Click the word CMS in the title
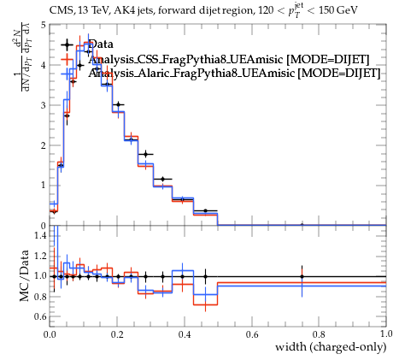[59, 11]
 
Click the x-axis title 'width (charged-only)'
[331, 347]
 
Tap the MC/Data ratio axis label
[25, 276]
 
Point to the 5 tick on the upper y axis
[43, 25]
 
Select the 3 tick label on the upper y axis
[43, 105]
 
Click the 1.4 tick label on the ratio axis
[40, 235]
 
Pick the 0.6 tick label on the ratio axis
[40, 316]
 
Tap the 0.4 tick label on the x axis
[185, 334]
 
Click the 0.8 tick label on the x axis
[319, 334]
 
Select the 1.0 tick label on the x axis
[386, 333]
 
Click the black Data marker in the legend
[67, 44]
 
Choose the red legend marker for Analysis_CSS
[67, 60]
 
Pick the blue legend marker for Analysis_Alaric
[67, 74]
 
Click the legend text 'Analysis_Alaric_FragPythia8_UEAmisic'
[191, 74]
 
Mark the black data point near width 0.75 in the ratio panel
[302, 276]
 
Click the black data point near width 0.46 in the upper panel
[205, 211]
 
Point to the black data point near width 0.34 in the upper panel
[162, 180]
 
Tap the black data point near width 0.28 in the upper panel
[146, 155]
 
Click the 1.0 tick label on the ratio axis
[40, 276]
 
